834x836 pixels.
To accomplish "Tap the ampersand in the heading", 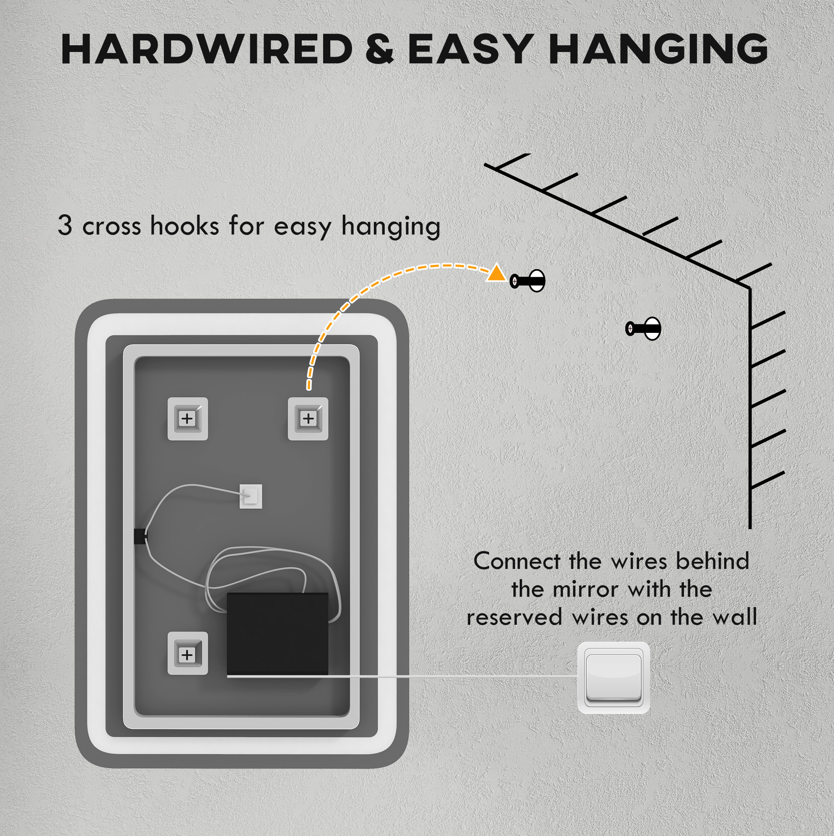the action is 379,49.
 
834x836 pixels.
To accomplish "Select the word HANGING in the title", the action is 658,49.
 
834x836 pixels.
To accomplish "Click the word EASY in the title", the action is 470,49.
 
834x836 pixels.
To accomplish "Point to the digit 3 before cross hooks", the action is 65,225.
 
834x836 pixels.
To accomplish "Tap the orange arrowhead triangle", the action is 496,273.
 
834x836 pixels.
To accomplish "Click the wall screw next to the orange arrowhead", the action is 527,281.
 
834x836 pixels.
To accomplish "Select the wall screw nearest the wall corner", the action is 643,328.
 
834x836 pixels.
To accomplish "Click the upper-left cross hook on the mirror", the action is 187,418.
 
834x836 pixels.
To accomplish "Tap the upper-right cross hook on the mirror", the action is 308,418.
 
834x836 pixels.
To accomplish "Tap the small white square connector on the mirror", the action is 251,496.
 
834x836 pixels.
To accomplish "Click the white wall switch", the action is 614,678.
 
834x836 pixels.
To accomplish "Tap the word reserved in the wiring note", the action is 514,618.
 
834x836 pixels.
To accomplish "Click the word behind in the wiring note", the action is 712,562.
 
